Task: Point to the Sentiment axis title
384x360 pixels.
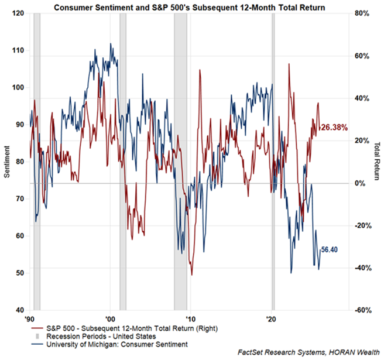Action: click(6, 162)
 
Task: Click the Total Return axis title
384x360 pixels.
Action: click(378, 162)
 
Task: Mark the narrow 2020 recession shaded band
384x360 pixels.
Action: click(273, 162)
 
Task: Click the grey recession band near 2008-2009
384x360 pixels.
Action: click(180, 162)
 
